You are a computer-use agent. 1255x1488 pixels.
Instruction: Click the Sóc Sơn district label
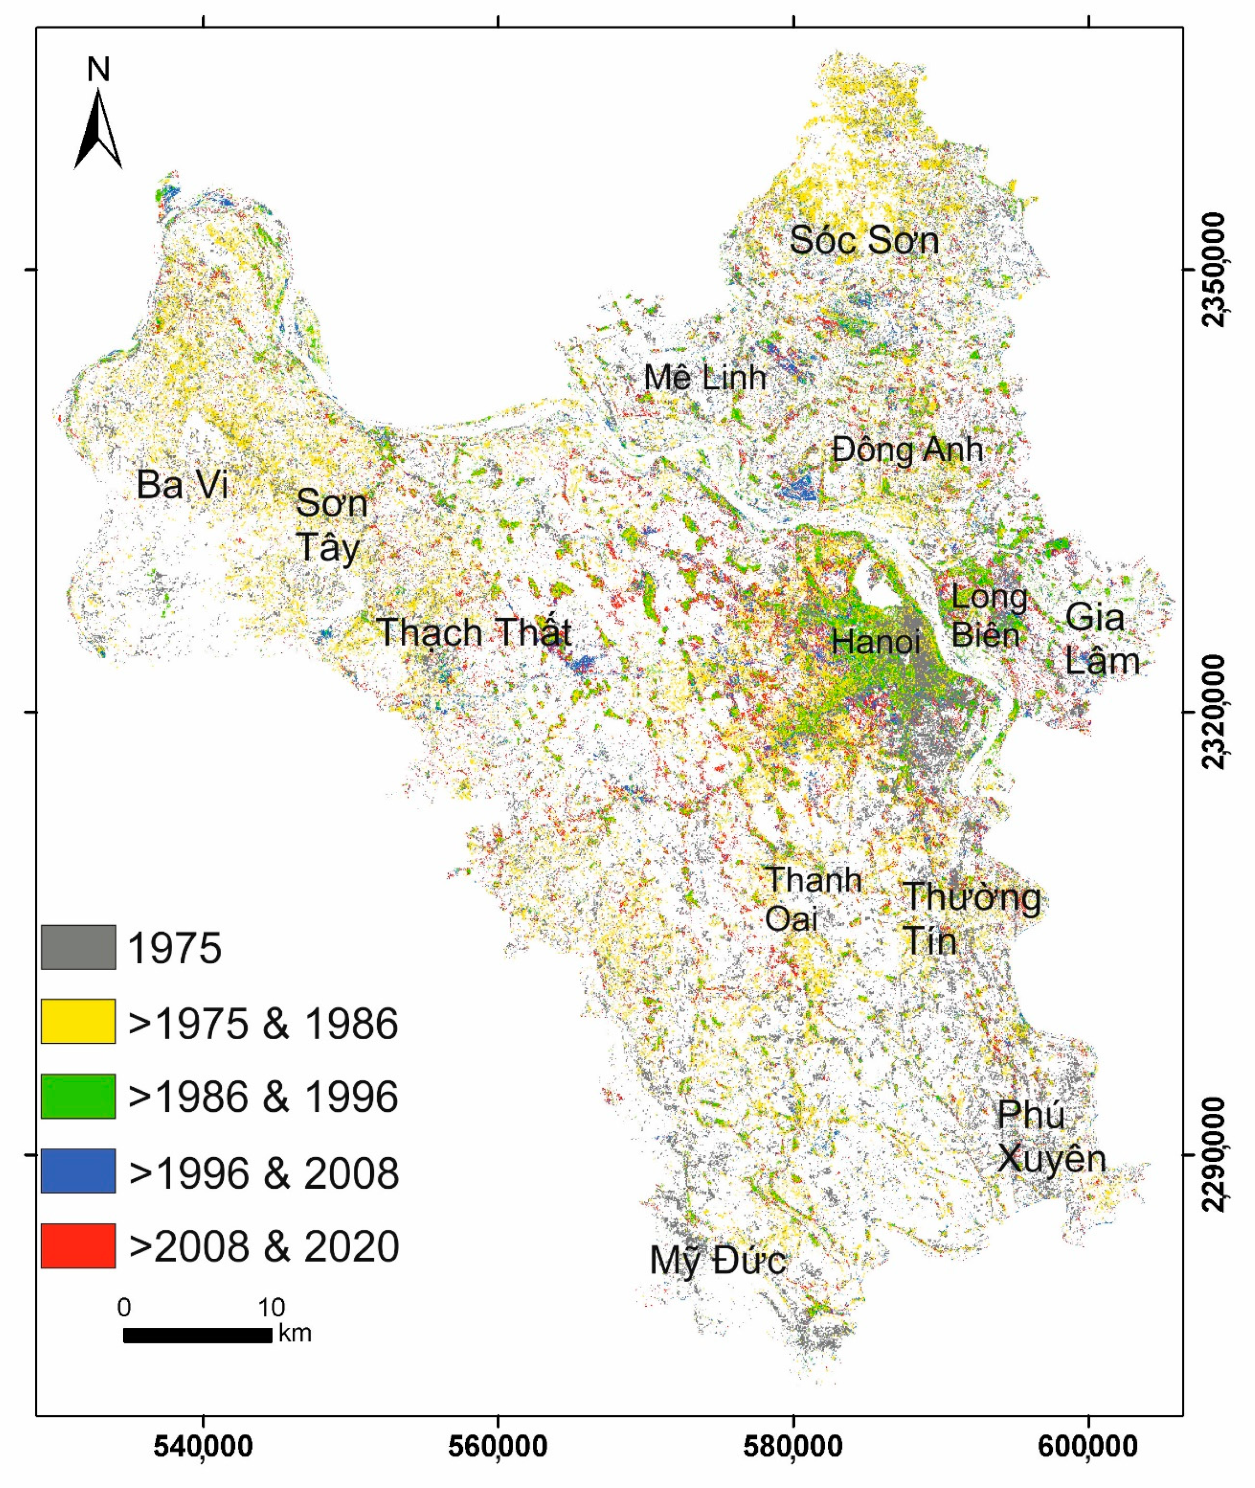point(864,240)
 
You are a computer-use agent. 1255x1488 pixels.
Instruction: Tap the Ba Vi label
point(182,485)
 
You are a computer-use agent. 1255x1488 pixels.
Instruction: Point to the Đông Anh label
point(907,450)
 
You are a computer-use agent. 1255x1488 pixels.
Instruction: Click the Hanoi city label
point(876,642)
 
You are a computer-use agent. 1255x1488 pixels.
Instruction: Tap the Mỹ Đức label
point(717,1260)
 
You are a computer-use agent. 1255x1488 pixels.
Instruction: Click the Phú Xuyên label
point(1050,1137)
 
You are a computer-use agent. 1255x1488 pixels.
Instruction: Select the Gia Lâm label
point(1101,639)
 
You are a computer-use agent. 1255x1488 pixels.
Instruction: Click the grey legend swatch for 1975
point(78,947)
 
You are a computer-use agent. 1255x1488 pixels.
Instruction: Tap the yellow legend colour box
point(78,1021)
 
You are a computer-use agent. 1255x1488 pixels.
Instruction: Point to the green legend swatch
point(78,1096)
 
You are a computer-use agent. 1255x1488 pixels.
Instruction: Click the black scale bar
point(198,1335)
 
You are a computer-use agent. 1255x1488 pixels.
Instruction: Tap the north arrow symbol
point(98,132)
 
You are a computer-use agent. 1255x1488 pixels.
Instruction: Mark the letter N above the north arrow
point(98,70)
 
